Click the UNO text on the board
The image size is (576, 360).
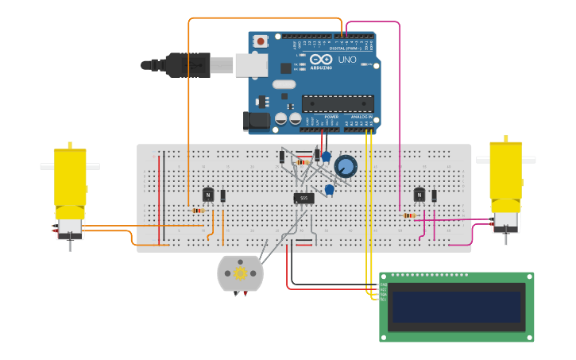click(x=347, y=60)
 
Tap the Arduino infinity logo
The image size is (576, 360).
click(x=321, y=60)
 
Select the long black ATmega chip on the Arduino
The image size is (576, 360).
click(x=338, y=103)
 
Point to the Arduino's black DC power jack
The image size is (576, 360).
click(x=256, y=121)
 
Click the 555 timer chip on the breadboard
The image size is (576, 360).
click(x=303, y=198)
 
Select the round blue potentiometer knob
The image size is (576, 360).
click(x=346, y=166)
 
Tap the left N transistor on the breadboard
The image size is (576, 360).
click(x=208, y=195)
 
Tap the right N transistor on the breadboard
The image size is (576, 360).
click(x=419, y=195)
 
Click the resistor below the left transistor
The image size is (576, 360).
click(x=198, y=211)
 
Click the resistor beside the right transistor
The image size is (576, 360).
click(x=409, y=215)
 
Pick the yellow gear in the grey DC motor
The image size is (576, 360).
click(x=239, y=273)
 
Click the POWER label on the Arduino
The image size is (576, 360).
click(x=331, y=117)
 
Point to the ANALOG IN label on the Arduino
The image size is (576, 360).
click(x=361, y=117)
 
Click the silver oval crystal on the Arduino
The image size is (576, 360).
click(x=284, y=84)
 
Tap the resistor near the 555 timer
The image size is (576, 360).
click(x=302, y=162)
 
